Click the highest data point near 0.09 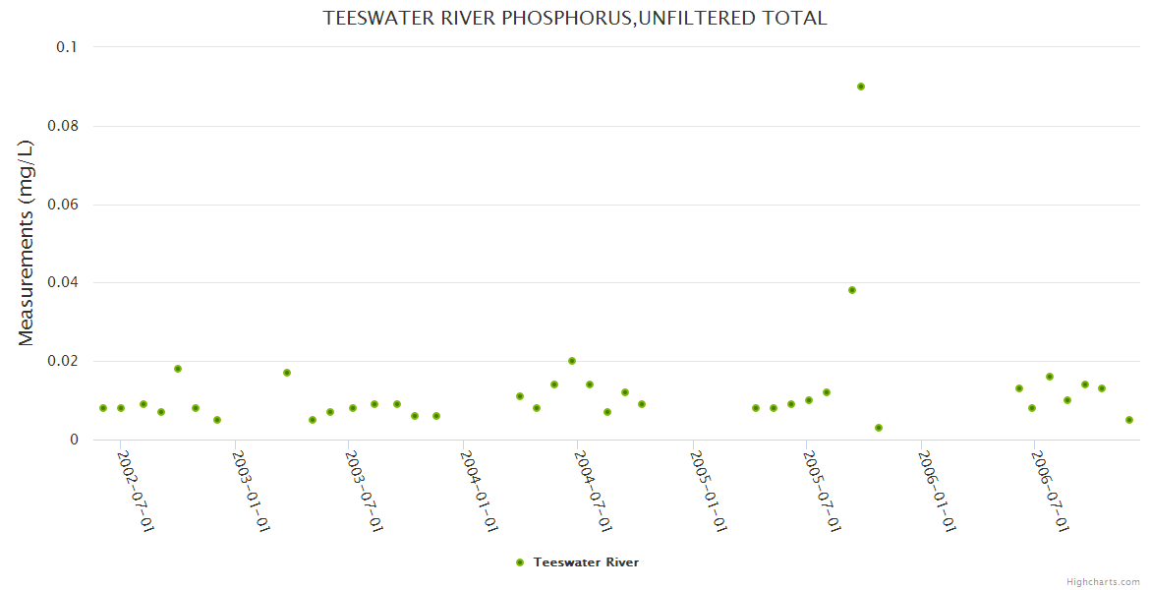pos(861,87)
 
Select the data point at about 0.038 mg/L pos(852,290)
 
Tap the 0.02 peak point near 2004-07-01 pos(572,361)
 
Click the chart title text pos(575,18)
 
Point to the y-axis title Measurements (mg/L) pos(27,243)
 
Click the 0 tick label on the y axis pos(74,440)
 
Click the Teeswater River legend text pos(586,562)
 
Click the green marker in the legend pos(520,562)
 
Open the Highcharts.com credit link pos(1103,581)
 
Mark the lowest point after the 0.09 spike pos(879,428)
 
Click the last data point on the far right pos(1129,420)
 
